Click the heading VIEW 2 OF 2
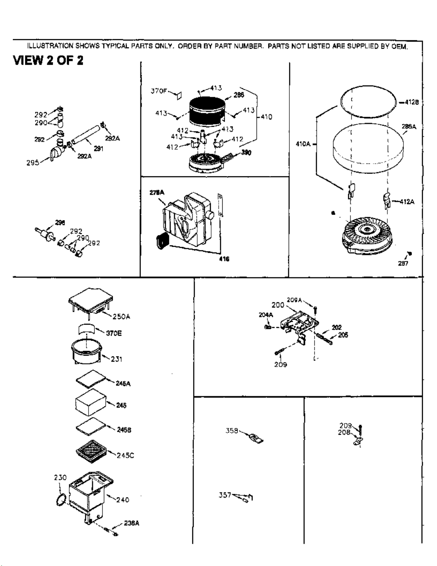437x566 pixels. tap(48, 60)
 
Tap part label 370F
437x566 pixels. tap(159, 91)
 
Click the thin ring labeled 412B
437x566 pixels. tap(368, 102)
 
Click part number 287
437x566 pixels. tap(403, 264)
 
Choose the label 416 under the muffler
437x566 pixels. tap(224, 259)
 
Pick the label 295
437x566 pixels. tap(32, 163)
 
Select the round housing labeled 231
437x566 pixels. tap(87, 351)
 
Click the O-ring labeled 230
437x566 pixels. tap(61, 500)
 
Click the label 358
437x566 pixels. tap(232, 431)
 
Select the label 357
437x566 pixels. tap(225, 495)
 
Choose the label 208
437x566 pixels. tap(344, 432)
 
